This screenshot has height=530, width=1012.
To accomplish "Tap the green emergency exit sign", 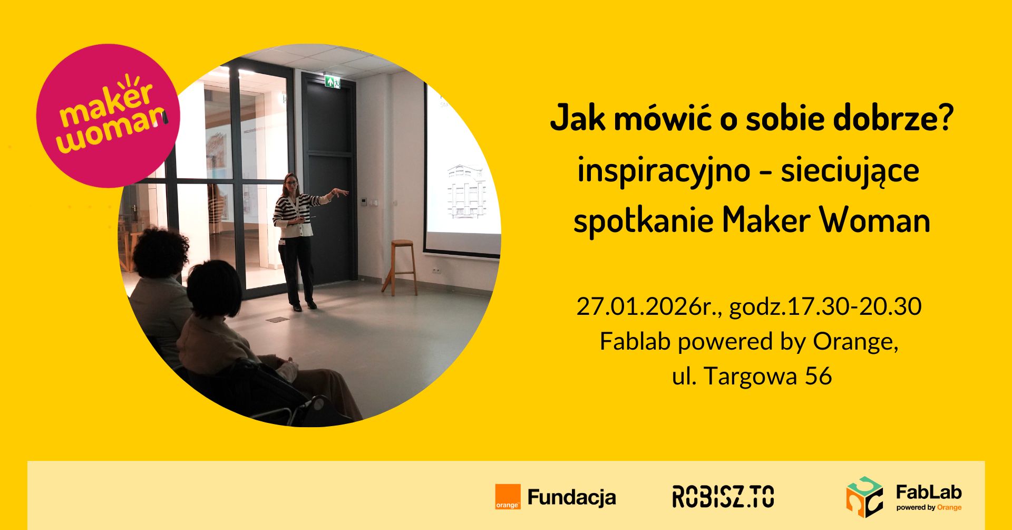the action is (x=332, y=82).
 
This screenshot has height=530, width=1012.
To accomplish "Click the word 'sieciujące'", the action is (x=850, y=171).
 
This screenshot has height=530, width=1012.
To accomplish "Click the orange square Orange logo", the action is (x=508, y=497).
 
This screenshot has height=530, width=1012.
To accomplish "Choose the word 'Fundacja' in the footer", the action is (x=571, y=497).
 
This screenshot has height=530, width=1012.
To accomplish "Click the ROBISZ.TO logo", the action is (x=723, y=497).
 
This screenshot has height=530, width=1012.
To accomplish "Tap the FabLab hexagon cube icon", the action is (x=864, y=497).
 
